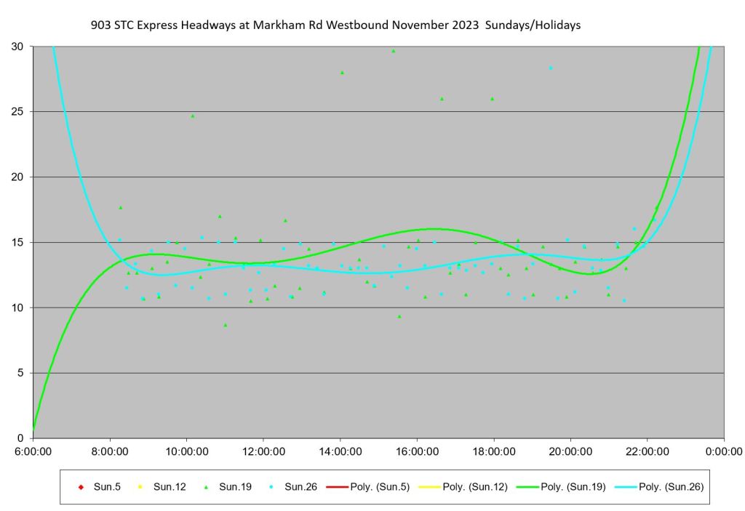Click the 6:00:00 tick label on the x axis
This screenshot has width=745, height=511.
pos(33,451)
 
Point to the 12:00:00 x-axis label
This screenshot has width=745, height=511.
pos(263,451)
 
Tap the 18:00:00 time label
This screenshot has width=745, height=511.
pos(493,451)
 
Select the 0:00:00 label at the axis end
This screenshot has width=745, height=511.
pos(723,451)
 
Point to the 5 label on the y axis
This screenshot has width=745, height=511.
pos(20,373)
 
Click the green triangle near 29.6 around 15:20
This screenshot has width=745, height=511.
pos(394,51)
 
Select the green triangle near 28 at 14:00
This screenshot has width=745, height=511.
pos(342,73)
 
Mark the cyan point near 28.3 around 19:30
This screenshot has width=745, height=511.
pos(551,68)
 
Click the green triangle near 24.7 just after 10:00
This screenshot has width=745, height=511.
pos(193,116)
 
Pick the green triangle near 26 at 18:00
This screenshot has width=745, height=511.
pos(492,99)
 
